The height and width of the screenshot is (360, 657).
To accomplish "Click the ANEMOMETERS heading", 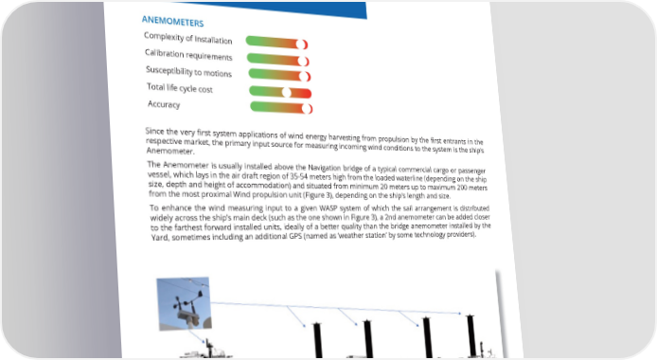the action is point(172,21).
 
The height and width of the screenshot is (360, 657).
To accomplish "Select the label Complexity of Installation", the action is point(187,38).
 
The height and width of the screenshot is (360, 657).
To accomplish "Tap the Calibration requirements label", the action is point(188,55).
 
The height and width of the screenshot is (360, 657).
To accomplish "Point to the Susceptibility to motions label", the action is point(188,72).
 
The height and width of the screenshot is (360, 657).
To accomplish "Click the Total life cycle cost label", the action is point(180,88).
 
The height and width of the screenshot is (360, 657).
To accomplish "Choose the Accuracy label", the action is point(164,104).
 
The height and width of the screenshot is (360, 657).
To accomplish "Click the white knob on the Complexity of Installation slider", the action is point(301,44).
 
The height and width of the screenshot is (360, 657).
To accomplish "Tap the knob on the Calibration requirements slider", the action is point(303,62).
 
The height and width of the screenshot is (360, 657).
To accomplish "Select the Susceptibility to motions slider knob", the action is point(304,77).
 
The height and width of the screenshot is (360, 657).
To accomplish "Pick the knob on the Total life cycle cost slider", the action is point(286,92).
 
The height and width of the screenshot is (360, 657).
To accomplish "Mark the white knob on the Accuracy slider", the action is point(307,109).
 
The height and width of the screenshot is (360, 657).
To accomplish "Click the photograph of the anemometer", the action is point(184,303).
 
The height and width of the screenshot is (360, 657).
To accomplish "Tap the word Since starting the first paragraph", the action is point(155,131).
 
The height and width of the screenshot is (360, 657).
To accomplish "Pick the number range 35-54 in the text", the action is point(300,176).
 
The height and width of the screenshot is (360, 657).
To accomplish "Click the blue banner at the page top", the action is point(277,9).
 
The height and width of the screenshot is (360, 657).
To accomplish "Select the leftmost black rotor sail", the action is point(317,340).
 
